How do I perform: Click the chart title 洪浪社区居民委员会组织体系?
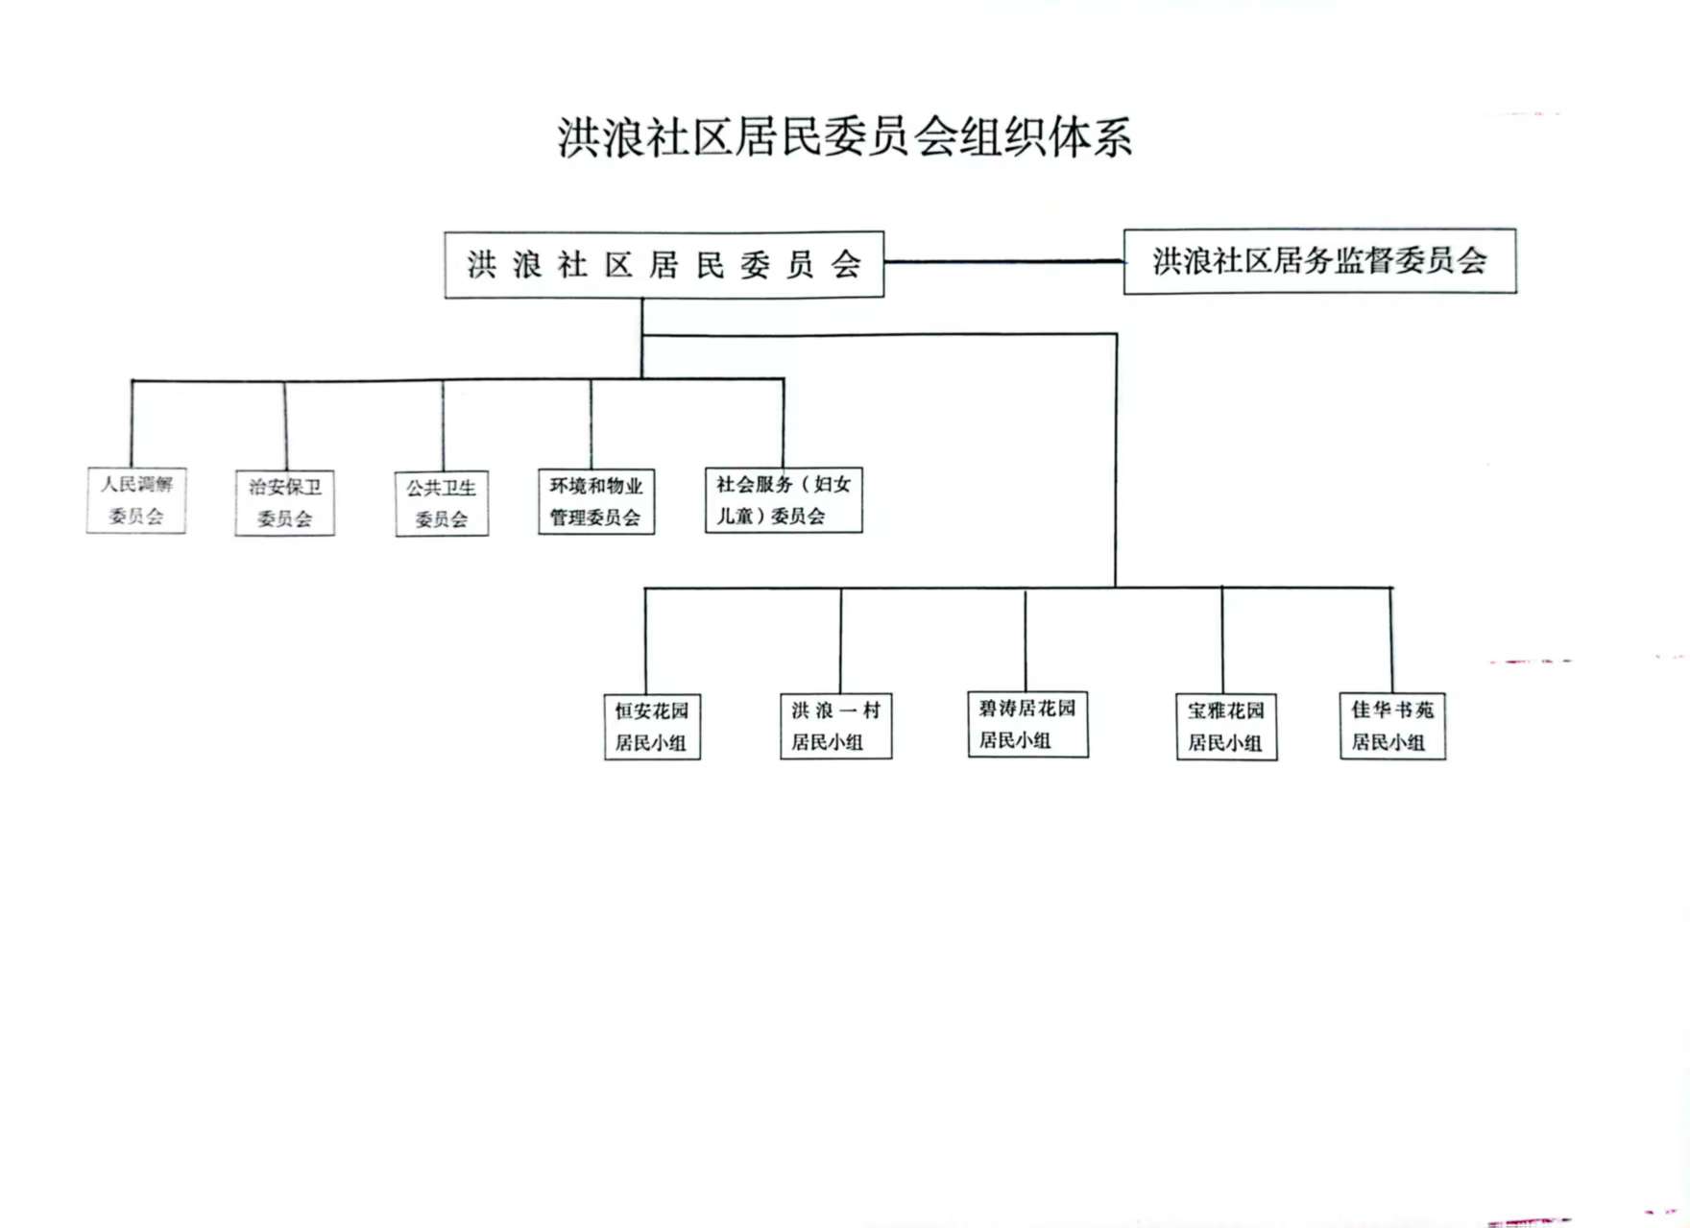click(845, 137)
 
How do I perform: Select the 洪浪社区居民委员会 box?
click(664, 264)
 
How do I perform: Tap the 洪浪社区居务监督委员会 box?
click(1319, 261)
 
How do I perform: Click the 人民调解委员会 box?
click(135, 500)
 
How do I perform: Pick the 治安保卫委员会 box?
click(284, 502)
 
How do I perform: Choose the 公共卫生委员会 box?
click(442, 503)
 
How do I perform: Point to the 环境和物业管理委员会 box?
click(595, 501)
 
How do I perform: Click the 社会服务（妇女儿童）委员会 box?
click(784, 499)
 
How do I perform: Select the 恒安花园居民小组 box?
click(652, 727)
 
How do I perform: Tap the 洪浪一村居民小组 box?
click(835, 726)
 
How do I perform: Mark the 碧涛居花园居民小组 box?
click(1027, 724)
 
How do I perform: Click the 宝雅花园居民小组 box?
click(1226, 727)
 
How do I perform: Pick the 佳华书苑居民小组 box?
click(1392, 726)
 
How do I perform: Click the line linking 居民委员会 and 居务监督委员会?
click(1003, 261)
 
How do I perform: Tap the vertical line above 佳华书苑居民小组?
click(1390, 639)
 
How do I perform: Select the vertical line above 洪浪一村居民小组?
click(840, 639)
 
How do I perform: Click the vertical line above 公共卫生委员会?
click(443, 425)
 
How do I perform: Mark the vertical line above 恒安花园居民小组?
click(645, 640)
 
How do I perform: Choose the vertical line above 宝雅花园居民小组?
click(1221, 639)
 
